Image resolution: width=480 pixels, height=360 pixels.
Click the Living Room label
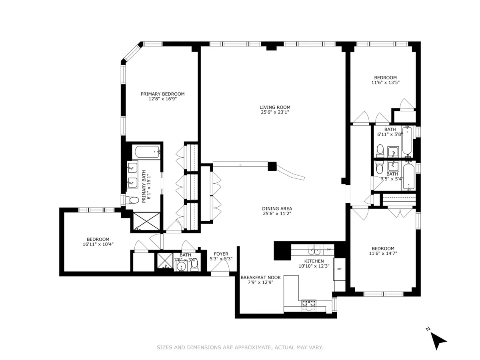(274, 107)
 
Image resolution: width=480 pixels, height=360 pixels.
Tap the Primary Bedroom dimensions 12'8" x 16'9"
(162, 99)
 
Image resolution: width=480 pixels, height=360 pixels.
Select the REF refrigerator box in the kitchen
(339, 269)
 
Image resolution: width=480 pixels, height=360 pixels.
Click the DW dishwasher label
(328, 250)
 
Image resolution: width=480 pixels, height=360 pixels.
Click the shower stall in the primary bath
(146, 221)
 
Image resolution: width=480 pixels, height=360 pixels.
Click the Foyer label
(221, 254)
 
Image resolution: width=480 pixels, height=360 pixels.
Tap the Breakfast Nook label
(260, 277)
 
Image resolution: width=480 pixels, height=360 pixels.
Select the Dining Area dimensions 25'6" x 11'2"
(277, 214)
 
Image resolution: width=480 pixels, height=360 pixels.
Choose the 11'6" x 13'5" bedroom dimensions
(385, 82)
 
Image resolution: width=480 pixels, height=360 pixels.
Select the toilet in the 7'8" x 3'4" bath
(194, 264)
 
